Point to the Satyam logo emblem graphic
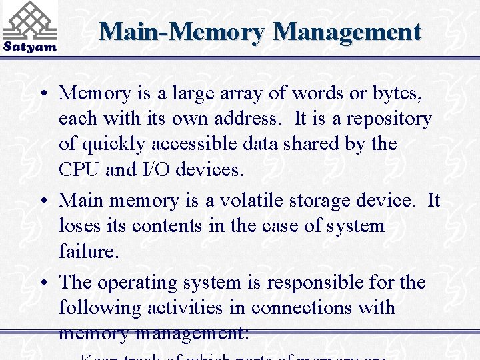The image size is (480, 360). pos(30,20)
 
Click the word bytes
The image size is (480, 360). pos(395,93)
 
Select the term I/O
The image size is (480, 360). pos(157,169)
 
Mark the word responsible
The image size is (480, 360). pos(317,283)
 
